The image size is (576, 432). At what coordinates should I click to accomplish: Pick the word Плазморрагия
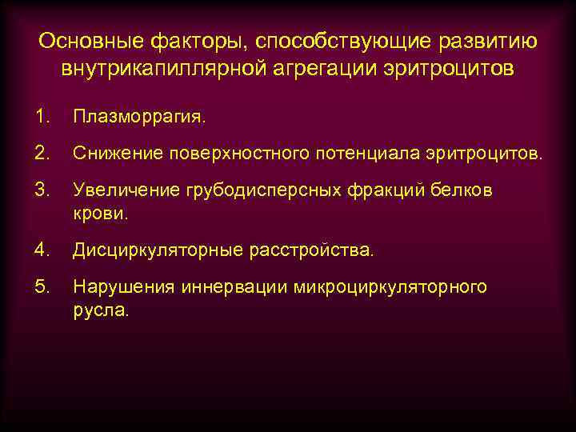138,118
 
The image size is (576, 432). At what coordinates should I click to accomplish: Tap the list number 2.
41,152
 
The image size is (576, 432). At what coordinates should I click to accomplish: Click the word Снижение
112,152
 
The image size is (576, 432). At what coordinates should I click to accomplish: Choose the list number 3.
41,190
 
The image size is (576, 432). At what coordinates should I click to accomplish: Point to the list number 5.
41,286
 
